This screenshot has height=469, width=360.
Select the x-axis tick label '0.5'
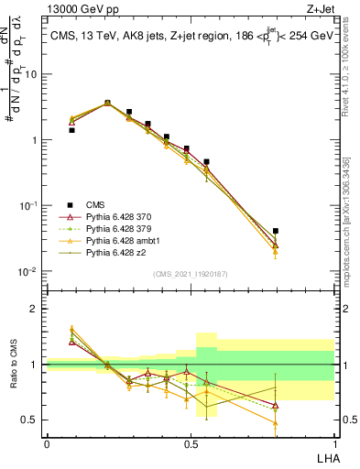tap(190, 443)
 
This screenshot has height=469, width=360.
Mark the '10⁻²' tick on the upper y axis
tap(29, 272)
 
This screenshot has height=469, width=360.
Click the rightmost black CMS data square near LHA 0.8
tap(276, 232)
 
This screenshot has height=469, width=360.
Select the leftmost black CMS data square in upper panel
tap(71, 130)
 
